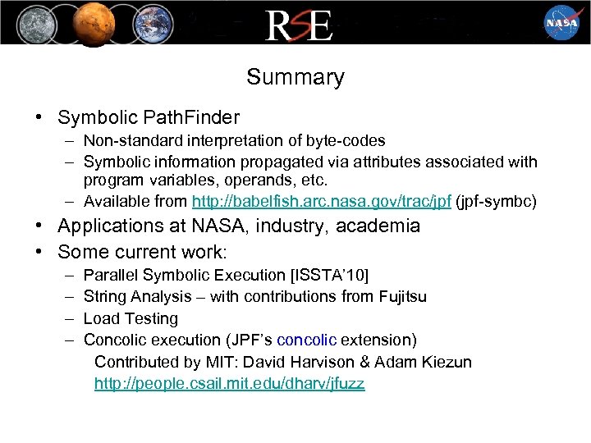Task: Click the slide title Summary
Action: [295, 77]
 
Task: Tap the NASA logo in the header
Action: [561, 22]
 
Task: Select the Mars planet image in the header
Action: [91, 22]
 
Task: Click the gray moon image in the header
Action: [34, 22]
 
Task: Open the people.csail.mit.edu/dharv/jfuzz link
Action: [229, 383]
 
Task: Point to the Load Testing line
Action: [131, 318]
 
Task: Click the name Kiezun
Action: [444, 362]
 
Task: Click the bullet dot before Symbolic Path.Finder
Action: [39, 118]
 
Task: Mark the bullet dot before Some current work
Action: [39, 252]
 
